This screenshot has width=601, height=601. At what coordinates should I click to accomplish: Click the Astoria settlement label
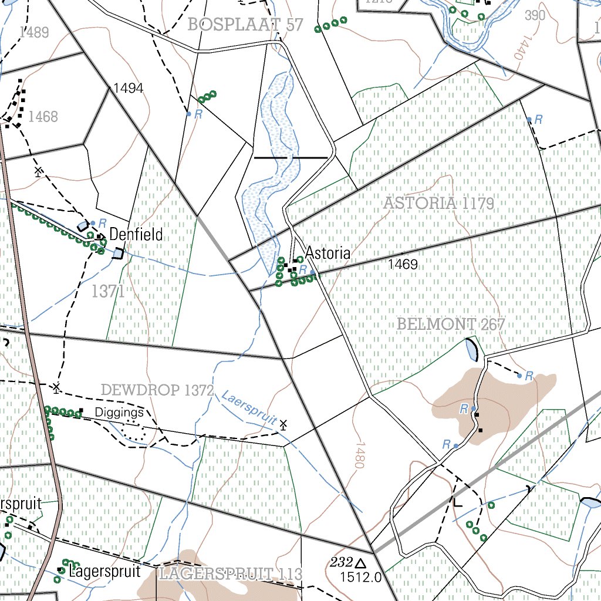(x=327, y=254)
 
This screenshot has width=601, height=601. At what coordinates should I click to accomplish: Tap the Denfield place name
(x=136, y=235)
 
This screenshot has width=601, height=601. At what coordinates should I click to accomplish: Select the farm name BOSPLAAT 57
(x=245, y=25)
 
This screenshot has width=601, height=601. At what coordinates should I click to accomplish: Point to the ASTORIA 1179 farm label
(x=438, y=204)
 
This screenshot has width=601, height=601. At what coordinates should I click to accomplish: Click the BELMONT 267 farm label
(x=451, y=324)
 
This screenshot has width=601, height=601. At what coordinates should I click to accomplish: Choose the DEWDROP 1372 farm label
(x=156, y=390)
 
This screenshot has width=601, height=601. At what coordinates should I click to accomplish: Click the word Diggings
(x=119, y=413)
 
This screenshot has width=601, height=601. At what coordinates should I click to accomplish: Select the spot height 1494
(x=129, y=89)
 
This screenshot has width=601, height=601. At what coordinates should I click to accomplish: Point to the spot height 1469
(x=403, y=265)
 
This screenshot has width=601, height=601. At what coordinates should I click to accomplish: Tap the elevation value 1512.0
(x=360, y=578)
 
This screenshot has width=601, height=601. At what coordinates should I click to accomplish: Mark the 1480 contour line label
(x=359, y=455)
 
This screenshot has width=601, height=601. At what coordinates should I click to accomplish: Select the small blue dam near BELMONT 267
(x=471, y=350)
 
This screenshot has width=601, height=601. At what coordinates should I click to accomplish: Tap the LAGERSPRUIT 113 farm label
(x=230, y=573)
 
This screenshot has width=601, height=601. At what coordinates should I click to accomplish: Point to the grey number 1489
(x=34, y=32)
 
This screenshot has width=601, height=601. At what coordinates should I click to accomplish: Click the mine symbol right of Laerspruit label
(x=283, y=424)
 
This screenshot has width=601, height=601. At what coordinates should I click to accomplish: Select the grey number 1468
(x=43, y=117)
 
